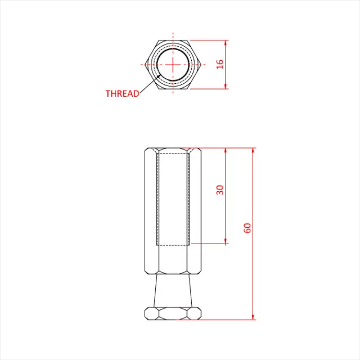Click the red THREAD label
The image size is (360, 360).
[x=122, y=94]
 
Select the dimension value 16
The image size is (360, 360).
[x=220, y=64]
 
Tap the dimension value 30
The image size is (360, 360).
[x=220, y=190]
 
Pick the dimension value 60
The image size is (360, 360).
[x=247, y=228]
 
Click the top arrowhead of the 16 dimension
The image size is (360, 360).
[x=226, y=42]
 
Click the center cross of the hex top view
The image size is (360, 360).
[x=173, y=64]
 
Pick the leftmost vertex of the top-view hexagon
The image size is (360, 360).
[x=145, y=64]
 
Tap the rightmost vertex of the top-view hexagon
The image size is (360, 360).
[x=201, y=64]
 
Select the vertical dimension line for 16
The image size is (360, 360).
[x=226, y=76]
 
